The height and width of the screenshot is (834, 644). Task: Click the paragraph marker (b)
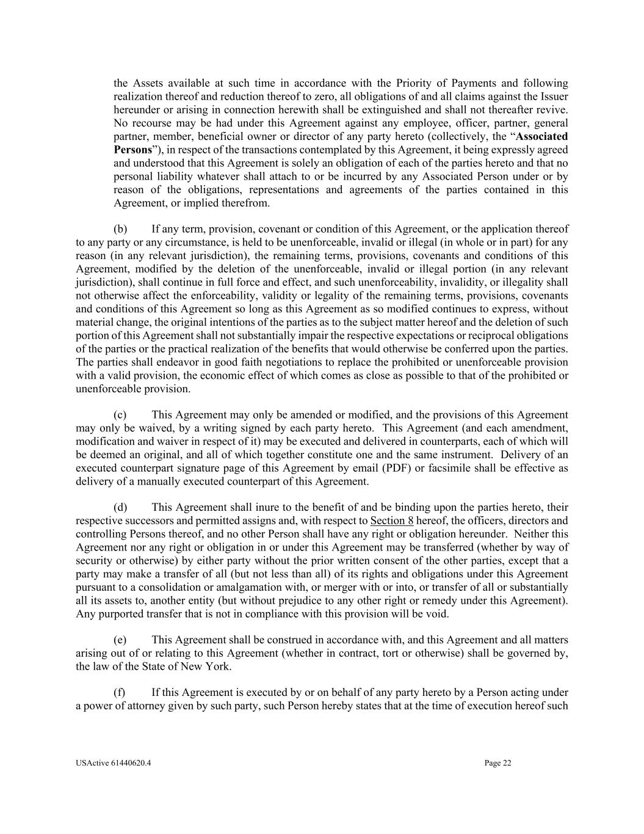(x=120, y=229)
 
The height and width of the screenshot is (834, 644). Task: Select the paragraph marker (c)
(x=120, y=415)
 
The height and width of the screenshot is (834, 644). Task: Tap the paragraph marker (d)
(x=120, y=507)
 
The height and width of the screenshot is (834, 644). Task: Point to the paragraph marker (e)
(x=120, y=640)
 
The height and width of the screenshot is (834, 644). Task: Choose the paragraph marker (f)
(x=120, y=692)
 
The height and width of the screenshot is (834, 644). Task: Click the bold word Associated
(x=541, y=136)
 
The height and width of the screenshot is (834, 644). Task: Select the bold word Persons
(x=132, y=150)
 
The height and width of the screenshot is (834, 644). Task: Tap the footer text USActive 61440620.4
(x=114, y=763)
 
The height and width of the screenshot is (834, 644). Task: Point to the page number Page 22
(x=498, y=763)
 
